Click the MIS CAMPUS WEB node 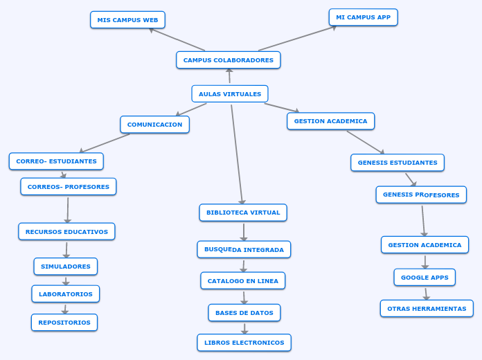(x=127, y=20)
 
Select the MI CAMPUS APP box (x=363, y=17)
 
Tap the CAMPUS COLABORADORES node (x=228, y=60)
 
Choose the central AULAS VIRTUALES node (x=230, y=93)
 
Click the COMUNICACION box (x=154, y=125)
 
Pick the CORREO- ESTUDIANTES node (x=56, y=161)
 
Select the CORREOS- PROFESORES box (x=68, y=187)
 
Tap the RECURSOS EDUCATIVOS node (x=66, y=232)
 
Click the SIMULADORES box (x=65, y=267)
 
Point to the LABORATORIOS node (x=65, y=294)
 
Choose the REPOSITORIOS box (x=64, y=323)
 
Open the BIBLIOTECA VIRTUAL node (x=243, y=213)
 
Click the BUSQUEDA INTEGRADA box (x=244, y=249)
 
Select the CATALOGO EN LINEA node (x=242, y=281)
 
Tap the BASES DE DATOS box (x=244, y=313)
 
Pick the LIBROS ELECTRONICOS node (x=244, y=343)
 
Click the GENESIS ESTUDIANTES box (x=398, y=163)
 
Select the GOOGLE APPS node (x=425, y=278)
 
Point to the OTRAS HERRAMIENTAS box (x=427, y=309)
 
